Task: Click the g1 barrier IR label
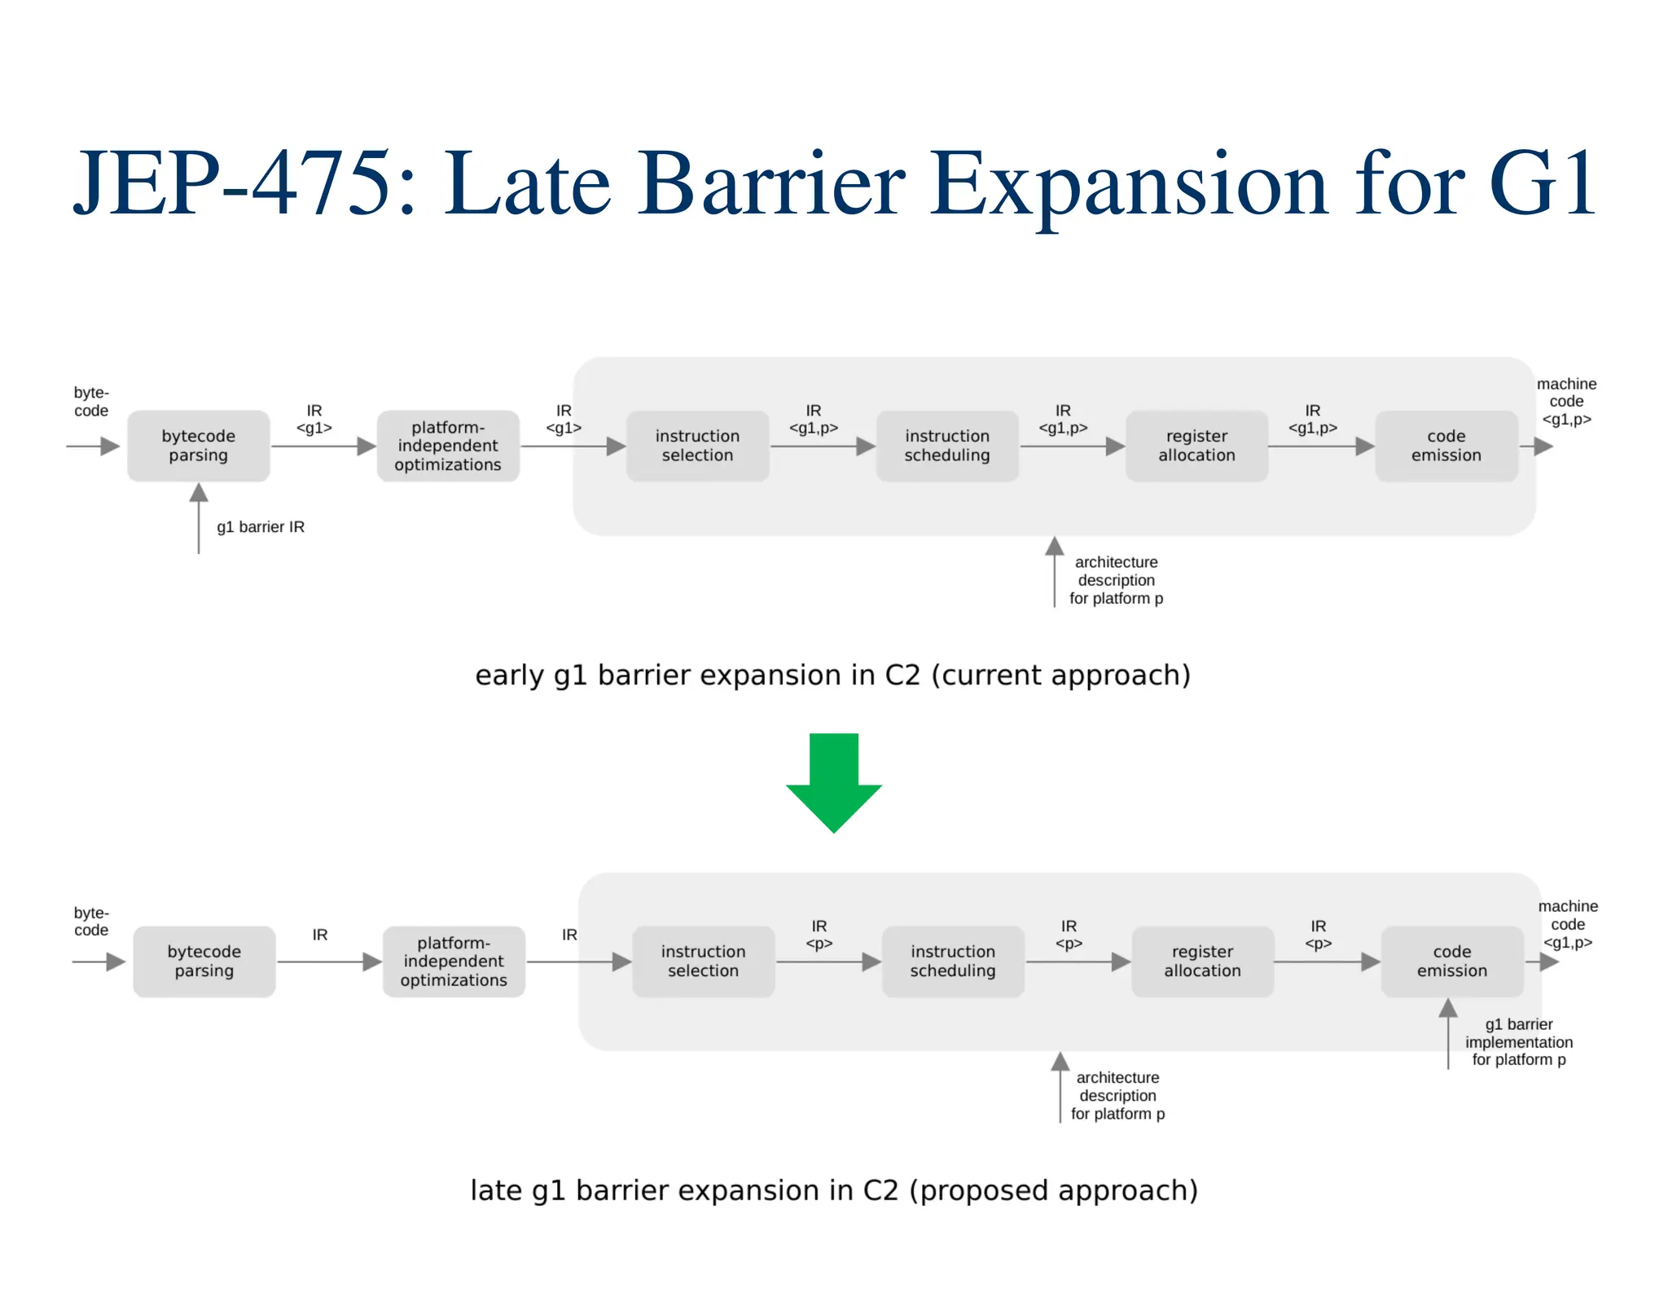click(260, 527)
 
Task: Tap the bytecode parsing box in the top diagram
click(198, 446)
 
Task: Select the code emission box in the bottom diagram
click(1451, 961)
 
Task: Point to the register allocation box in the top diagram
click(1196, 446)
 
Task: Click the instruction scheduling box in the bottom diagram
click(952, 961)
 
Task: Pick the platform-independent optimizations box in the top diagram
click(447, 446)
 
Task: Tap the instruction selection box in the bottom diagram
click(703, 961)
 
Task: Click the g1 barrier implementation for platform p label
click(1518, 1042)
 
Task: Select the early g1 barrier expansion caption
click(832, 675)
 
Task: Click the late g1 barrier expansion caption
click(833, 1190)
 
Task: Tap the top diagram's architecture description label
click(1116, 580)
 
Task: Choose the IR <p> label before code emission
click(1318, 935)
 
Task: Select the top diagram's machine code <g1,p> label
click(1565, 402)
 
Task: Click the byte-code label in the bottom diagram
click(91, 922)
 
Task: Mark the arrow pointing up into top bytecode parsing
click(199, 517)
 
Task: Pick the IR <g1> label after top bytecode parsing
click(314, 420)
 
